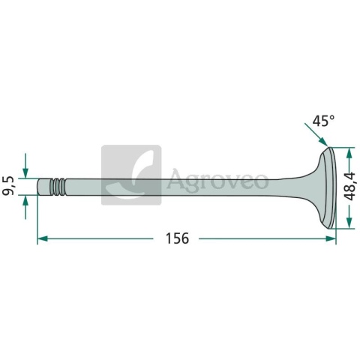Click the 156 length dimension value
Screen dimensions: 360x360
point(177,238)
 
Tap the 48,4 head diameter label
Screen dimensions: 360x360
point(349,186)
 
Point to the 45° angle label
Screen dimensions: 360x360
point(323,121)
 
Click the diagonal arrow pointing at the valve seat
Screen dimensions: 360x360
point(316,134)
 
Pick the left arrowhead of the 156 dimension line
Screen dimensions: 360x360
point(42,238)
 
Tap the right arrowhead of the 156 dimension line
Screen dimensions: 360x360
point(331,238)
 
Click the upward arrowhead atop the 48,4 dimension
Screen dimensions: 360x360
point(349,153)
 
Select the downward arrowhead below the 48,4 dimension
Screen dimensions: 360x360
point(349,223)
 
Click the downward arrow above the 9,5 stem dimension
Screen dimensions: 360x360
point(25,166)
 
